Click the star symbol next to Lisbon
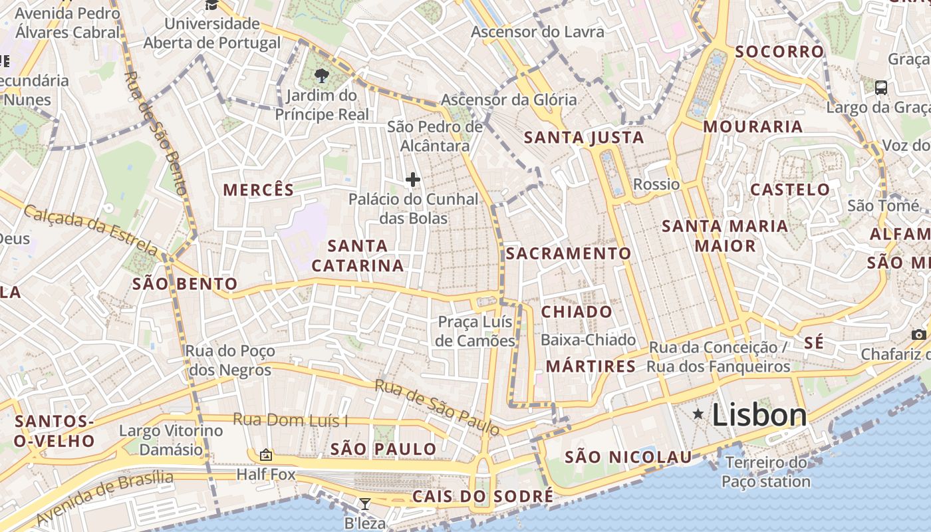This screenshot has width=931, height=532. pyautogui.click(x=698, y=414)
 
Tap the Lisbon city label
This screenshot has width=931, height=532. pyautogui.click(x=759, y=416)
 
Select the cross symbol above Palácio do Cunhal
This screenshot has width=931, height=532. pyautogui.click(x=413, y=180)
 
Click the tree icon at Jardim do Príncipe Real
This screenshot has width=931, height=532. pyautogui.click(x=322, y=74)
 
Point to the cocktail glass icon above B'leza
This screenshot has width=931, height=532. pyautogui.click(x=364, y=503)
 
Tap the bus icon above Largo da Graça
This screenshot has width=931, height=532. pyautogui.click(x=881, y=87)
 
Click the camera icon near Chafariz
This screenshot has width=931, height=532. pyautogui.click(x=919, y=334)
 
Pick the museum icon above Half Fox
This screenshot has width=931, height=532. pyautogui.click(x=266, y=455)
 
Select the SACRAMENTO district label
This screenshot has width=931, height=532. pyautogui.click(x=569, y=253)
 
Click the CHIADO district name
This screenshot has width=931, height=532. pyautogui.click(x=577, y=312)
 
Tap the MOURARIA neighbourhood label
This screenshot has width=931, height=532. pyautogui.click(x=753, y=126)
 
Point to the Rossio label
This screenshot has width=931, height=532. pyautogui.click(x=657, y=184)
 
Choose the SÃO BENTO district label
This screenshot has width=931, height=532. pyautogui.click(x=185, y=284)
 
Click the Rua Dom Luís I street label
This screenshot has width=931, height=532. pyautogui.click(x=291, y=420)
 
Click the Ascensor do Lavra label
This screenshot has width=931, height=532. pyautogui.click(x=537, y=32)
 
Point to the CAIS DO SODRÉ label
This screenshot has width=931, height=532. pyautogui.click(x=483, y=496)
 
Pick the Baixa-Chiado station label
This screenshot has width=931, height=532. pyautogui.click(x=588, y=340)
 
